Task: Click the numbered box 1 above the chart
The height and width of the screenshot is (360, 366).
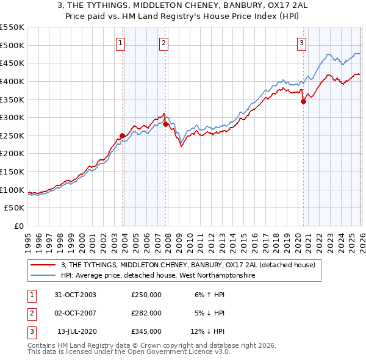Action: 121,43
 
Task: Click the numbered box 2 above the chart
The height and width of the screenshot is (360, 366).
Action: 164,43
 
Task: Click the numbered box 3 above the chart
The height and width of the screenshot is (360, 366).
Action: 301,43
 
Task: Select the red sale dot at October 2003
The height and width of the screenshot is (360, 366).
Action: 122,135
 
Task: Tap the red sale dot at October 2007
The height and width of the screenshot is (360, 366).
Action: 165,124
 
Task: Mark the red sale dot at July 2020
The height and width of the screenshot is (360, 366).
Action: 303,102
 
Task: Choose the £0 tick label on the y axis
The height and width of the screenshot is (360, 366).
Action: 18,226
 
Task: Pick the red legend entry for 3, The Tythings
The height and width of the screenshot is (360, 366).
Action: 188,265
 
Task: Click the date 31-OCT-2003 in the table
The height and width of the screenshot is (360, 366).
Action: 75,295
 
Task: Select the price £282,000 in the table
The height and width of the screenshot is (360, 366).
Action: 146,313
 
